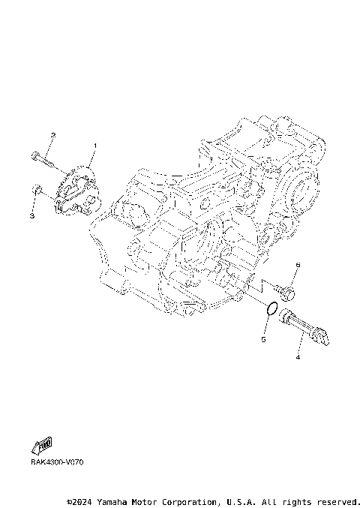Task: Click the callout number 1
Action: [95, 145]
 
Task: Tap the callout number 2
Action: [52, 135]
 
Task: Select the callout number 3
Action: [32, 216]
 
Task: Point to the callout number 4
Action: [298, 358]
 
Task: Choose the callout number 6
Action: [297, 265]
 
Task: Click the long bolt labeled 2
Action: [43, 158]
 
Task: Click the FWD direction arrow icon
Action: [43, 448]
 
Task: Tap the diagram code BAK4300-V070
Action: [57, 461]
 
